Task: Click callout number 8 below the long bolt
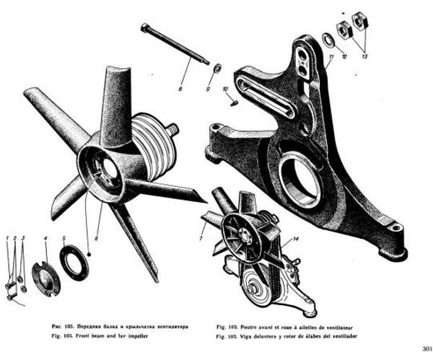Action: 180,89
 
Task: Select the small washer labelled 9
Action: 216,69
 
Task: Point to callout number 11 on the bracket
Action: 330,55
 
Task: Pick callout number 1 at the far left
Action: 6,238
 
